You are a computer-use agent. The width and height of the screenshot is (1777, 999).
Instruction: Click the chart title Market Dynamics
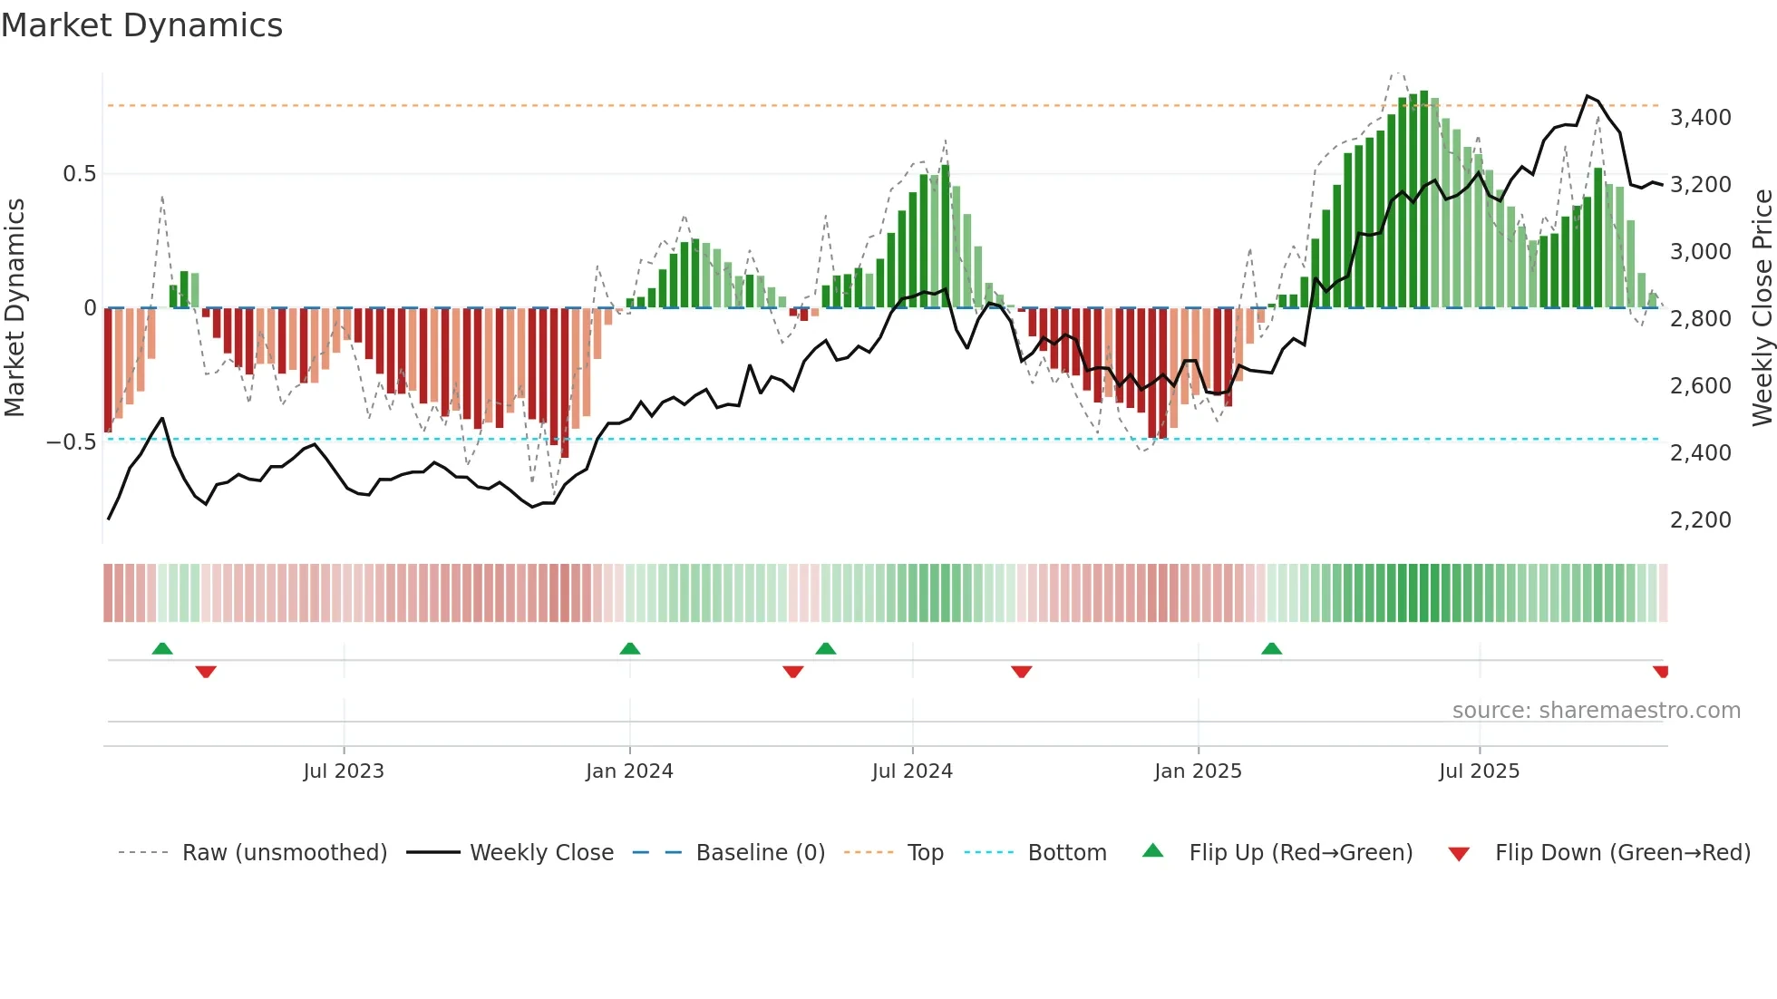[142, 25]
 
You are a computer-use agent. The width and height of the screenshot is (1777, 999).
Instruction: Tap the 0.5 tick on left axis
[79, 174]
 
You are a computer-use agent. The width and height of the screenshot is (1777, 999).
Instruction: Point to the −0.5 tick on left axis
[72, 442]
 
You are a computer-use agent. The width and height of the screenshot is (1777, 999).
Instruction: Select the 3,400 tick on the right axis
[1700, 118]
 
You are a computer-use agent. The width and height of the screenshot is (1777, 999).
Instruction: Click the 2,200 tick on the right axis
[1700, 520]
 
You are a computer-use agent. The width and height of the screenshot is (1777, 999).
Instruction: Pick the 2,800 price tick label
[1700, 319]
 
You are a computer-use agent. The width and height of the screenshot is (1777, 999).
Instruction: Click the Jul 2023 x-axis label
[344, 771]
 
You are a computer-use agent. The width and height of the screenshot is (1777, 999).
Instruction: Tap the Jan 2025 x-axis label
[1198, 771]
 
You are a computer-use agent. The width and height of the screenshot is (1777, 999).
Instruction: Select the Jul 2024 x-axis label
[912, 771]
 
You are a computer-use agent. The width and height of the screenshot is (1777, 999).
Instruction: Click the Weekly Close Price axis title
[1762, 308]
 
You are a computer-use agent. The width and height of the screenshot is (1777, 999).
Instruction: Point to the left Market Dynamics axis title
[15, 308]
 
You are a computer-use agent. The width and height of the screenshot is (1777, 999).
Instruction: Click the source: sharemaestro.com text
[1596, 711]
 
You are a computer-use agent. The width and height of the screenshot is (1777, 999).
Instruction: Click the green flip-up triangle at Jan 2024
[630, 649]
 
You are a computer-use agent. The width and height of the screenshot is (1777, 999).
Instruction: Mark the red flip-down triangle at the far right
[1660, 672]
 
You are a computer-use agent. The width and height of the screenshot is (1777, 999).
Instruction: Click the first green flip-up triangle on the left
[162, 649]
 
